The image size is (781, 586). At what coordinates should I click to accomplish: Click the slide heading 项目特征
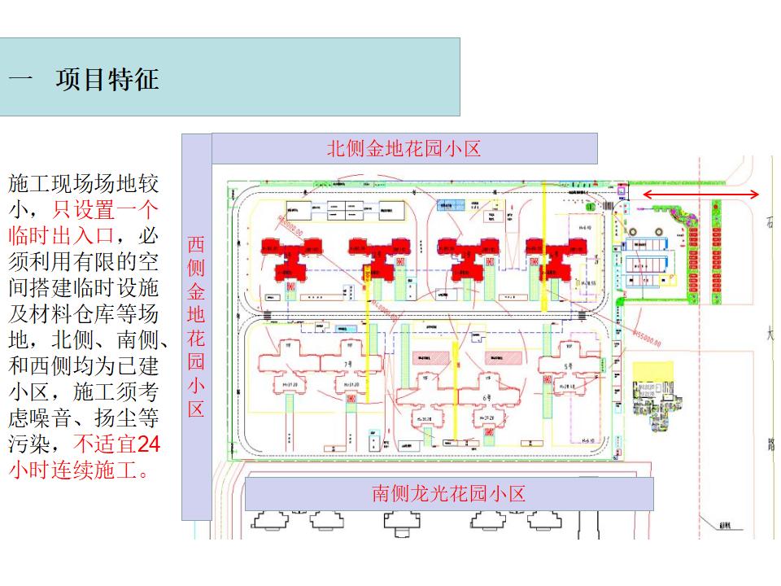pos(107,80)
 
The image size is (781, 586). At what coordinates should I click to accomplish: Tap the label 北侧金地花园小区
pos(404,148)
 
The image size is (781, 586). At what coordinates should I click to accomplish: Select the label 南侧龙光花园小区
pos(448,493)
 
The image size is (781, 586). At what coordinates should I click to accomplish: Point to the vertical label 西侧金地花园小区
pos(196,326)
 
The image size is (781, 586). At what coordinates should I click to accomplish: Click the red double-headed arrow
pos(701,195)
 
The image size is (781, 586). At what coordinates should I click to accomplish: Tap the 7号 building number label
pos(347,364)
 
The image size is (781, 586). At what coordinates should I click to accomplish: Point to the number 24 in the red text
pos(147,444)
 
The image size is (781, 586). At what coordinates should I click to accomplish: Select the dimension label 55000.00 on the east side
pos(647,335)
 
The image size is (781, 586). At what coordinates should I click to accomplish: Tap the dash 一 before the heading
pos(21,80)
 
